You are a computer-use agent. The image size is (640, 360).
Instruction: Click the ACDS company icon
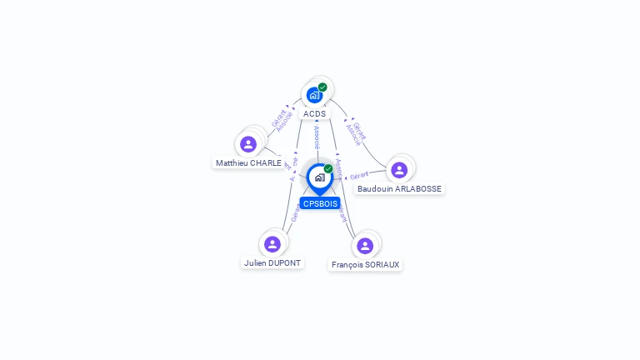(314, 95)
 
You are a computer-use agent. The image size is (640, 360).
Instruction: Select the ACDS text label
(314, 113)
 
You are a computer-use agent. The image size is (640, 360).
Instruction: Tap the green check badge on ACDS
(322, 87)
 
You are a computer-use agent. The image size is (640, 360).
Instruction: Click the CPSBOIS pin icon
(319, 177)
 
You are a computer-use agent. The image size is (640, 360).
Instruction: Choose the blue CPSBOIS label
(320, 203)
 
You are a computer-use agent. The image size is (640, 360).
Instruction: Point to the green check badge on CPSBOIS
(328, 169)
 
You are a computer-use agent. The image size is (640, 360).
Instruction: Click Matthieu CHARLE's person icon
(247, 144)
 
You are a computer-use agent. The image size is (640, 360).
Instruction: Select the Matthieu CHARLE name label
(248, 163)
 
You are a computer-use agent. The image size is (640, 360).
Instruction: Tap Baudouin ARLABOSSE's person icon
(399, 170)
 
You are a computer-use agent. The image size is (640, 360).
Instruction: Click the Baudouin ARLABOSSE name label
(399, 189)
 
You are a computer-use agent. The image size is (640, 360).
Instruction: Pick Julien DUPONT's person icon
(272, 244)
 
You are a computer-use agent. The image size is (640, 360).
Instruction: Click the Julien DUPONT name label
(272, 263)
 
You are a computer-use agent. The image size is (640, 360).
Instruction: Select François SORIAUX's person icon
(365, 246)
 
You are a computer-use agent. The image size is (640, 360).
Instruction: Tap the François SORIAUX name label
(365, 265)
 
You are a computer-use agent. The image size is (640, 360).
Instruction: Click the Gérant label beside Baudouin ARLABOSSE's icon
(359, 176)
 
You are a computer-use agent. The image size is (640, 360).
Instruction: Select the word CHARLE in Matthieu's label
(266, 163)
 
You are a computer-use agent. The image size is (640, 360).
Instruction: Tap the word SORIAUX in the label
(382, 265)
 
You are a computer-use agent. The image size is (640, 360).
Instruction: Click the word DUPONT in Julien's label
(284, 263)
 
